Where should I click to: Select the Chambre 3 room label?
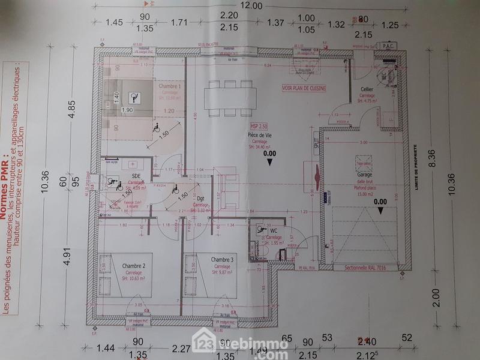tap(222, 259)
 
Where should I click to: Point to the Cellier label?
tap(368, 89)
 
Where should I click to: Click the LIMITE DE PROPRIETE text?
tap(415, 167)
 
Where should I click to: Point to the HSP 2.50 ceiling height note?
tap(259, 127)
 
